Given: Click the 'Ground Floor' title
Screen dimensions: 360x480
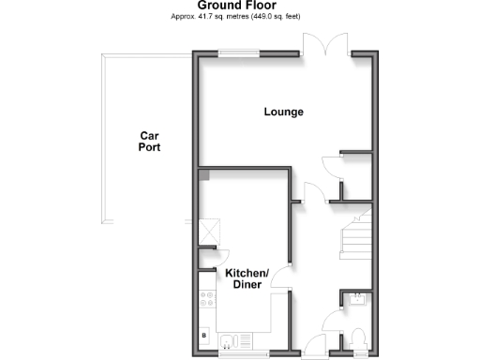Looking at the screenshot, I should click(242, 7).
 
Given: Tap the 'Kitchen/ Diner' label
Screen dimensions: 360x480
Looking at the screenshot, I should click(247, 278).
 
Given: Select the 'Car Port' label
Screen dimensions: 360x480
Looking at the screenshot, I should click(148, 141).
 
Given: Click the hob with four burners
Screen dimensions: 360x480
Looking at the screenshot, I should click(206, 301).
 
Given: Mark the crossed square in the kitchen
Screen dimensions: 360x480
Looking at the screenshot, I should click(208, 232).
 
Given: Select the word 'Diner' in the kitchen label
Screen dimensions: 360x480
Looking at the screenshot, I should click(247, 284).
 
